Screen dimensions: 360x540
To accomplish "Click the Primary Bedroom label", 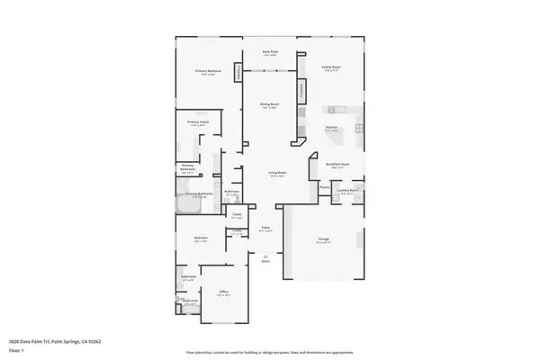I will (208, 71).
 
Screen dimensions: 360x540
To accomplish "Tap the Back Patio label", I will (270, 53).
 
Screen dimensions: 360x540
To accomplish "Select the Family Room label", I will (331, 67).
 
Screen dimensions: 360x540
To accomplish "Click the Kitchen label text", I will (332, 128).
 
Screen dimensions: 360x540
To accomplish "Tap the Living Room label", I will (276, 173).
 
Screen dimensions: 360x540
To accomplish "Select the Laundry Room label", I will (348, 191).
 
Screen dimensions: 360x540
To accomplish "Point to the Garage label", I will (322, 239).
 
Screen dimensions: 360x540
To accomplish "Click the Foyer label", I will (266, 228).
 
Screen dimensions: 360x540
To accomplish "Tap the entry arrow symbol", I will (265, 257).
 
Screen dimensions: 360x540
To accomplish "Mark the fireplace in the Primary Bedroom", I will (238, 71).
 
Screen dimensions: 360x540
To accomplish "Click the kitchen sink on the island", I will (332, 110).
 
